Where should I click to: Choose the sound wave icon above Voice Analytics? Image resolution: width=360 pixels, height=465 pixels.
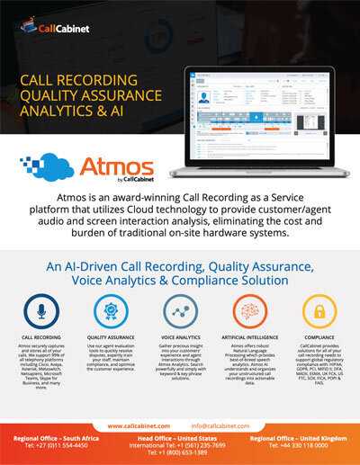point(180,313)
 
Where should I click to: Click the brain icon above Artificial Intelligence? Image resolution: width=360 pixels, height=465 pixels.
point(248,313)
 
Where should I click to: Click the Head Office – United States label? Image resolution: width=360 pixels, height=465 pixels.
point(179,437)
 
